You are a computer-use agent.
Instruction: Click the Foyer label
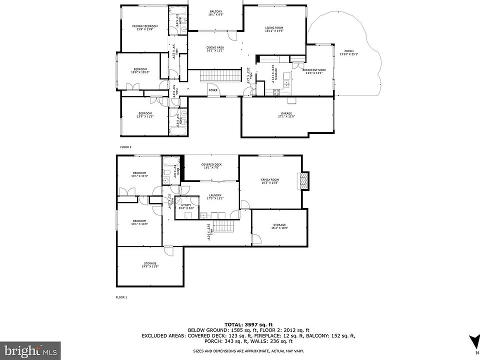click(x=213, y=90)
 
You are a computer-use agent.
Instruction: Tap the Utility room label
click(x=186, y=206)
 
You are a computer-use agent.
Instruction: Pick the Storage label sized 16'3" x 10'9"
click(x=279, y=226)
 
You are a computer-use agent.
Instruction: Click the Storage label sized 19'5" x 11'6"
click(x=150, y=264)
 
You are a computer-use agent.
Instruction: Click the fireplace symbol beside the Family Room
click(x=303, y=180)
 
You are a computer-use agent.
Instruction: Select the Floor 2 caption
click(x=125, y=147)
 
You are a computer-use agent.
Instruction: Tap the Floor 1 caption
click(x=121, y=297)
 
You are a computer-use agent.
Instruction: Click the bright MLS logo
click(x=30, y=350)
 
